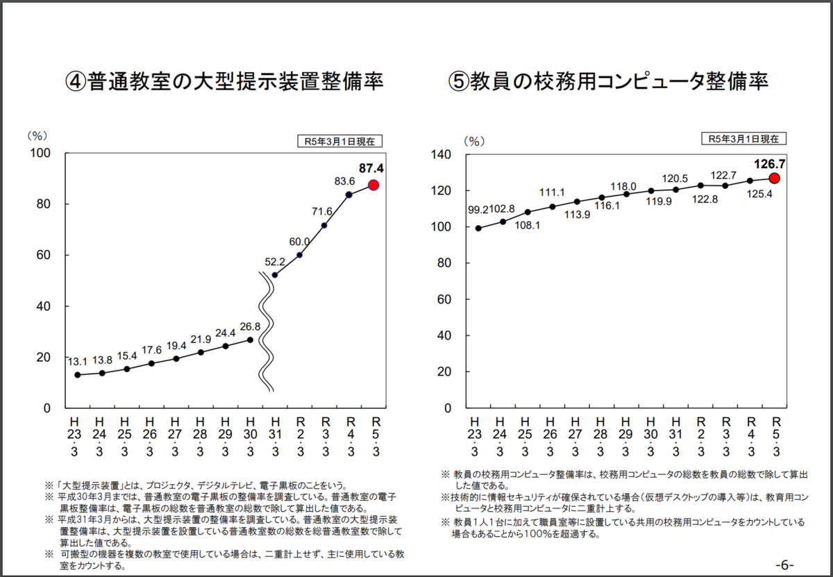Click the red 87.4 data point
[x=373, y=185]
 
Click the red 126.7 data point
[x=775, y=178]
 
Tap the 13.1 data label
[x=77, y=362]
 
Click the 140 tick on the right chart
[x=443, y=155]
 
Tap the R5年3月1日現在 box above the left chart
[x=339, y=141]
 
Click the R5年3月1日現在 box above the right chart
[x=743, y=138]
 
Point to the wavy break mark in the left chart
[x=266, y=331]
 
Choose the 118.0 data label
[x=623, y=186]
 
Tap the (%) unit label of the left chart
[x=36, y=135]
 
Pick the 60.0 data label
[x=301, y=242]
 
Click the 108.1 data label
[x=528, y=226]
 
